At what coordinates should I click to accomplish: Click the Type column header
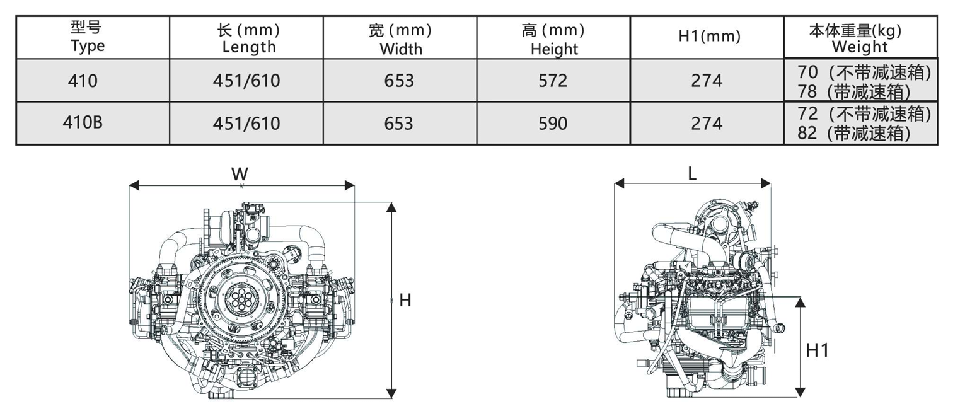tap(88, 37)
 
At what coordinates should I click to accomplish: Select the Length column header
tap(249, 38)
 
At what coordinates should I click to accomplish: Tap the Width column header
tap(400, 38)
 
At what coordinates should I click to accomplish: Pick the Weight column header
tap(859, 38)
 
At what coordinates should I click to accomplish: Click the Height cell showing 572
tap(553, 81)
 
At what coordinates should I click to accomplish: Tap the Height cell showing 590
tap(553, 124)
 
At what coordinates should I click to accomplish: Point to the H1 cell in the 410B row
tap(707, 124)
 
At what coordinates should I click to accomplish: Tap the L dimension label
tap(692, 174)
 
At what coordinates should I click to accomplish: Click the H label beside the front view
tap(405, 301)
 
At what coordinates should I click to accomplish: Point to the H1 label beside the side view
tap(818, 350)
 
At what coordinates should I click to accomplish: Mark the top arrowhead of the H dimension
tap(391, 207)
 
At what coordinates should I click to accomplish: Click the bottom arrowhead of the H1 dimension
tap(800, 393)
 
